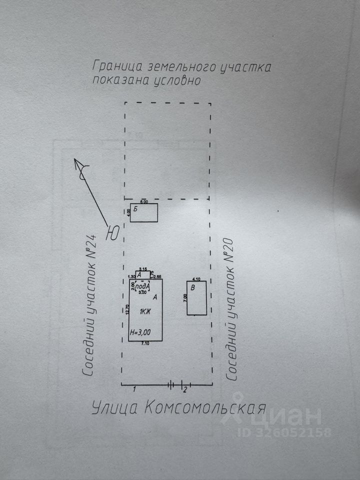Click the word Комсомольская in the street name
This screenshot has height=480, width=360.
click(x=205, y=408)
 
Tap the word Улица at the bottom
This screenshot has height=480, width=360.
click(x=115, y=408)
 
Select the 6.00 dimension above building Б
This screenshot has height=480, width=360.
click(x=144, y=202)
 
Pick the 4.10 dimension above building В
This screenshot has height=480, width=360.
click(x=196, y=279)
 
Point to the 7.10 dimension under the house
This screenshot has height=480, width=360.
click(x=145, y=343)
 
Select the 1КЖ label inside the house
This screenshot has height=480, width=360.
click(x=145, y=311)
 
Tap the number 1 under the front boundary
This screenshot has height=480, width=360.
click(x=135, y=388)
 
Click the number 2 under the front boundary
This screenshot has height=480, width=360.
click(x=184, y=389)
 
